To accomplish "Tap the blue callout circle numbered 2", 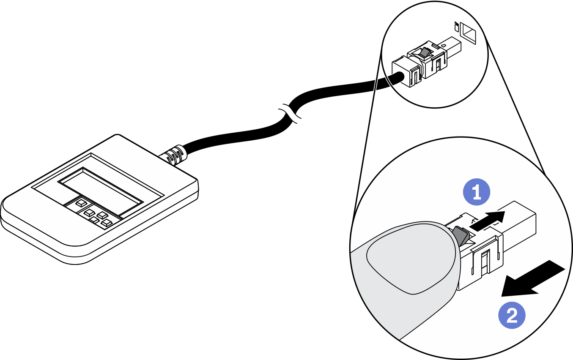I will point(512,316).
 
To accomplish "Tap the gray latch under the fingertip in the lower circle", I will point(461,236).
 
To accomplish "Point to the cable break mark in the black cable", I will point(291,114).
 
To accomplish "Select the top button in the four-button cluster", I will point(102,215).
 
